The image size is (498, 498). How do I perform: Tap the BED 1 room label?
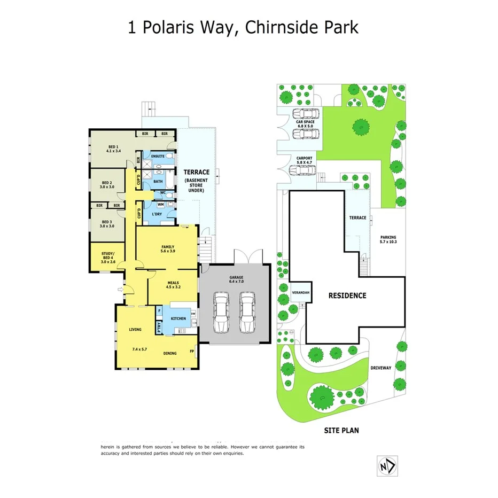click(113, 149)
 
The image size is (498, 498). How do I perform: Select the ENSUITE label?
click(157, 156)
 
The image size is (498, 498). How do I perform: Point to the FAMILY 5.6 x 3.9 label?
click(168, 248)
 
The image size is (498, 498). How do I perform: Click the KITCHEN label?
click(178, 318)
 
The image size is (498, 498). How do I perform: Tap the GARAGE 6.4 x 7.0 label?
click(236, 279)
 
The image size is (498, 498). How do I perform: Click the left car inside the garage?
click(221, 312)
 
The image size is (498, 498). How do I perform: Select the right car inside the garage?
click(247, 312)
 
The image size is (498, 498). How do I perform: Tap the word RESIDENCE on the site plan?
click(347, 295)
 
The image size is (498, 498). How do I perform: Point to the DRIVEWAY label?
click(380, 368)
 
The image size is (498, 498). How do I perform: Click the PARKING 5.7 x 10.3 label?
click(388, 239)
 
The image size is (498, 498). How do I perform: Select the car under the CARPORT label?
click(301, 170)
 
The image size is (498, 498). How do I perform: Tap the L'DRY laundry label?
click(157, 214)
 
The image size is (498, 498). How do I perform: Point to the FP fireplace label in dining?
click(192, 352)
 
